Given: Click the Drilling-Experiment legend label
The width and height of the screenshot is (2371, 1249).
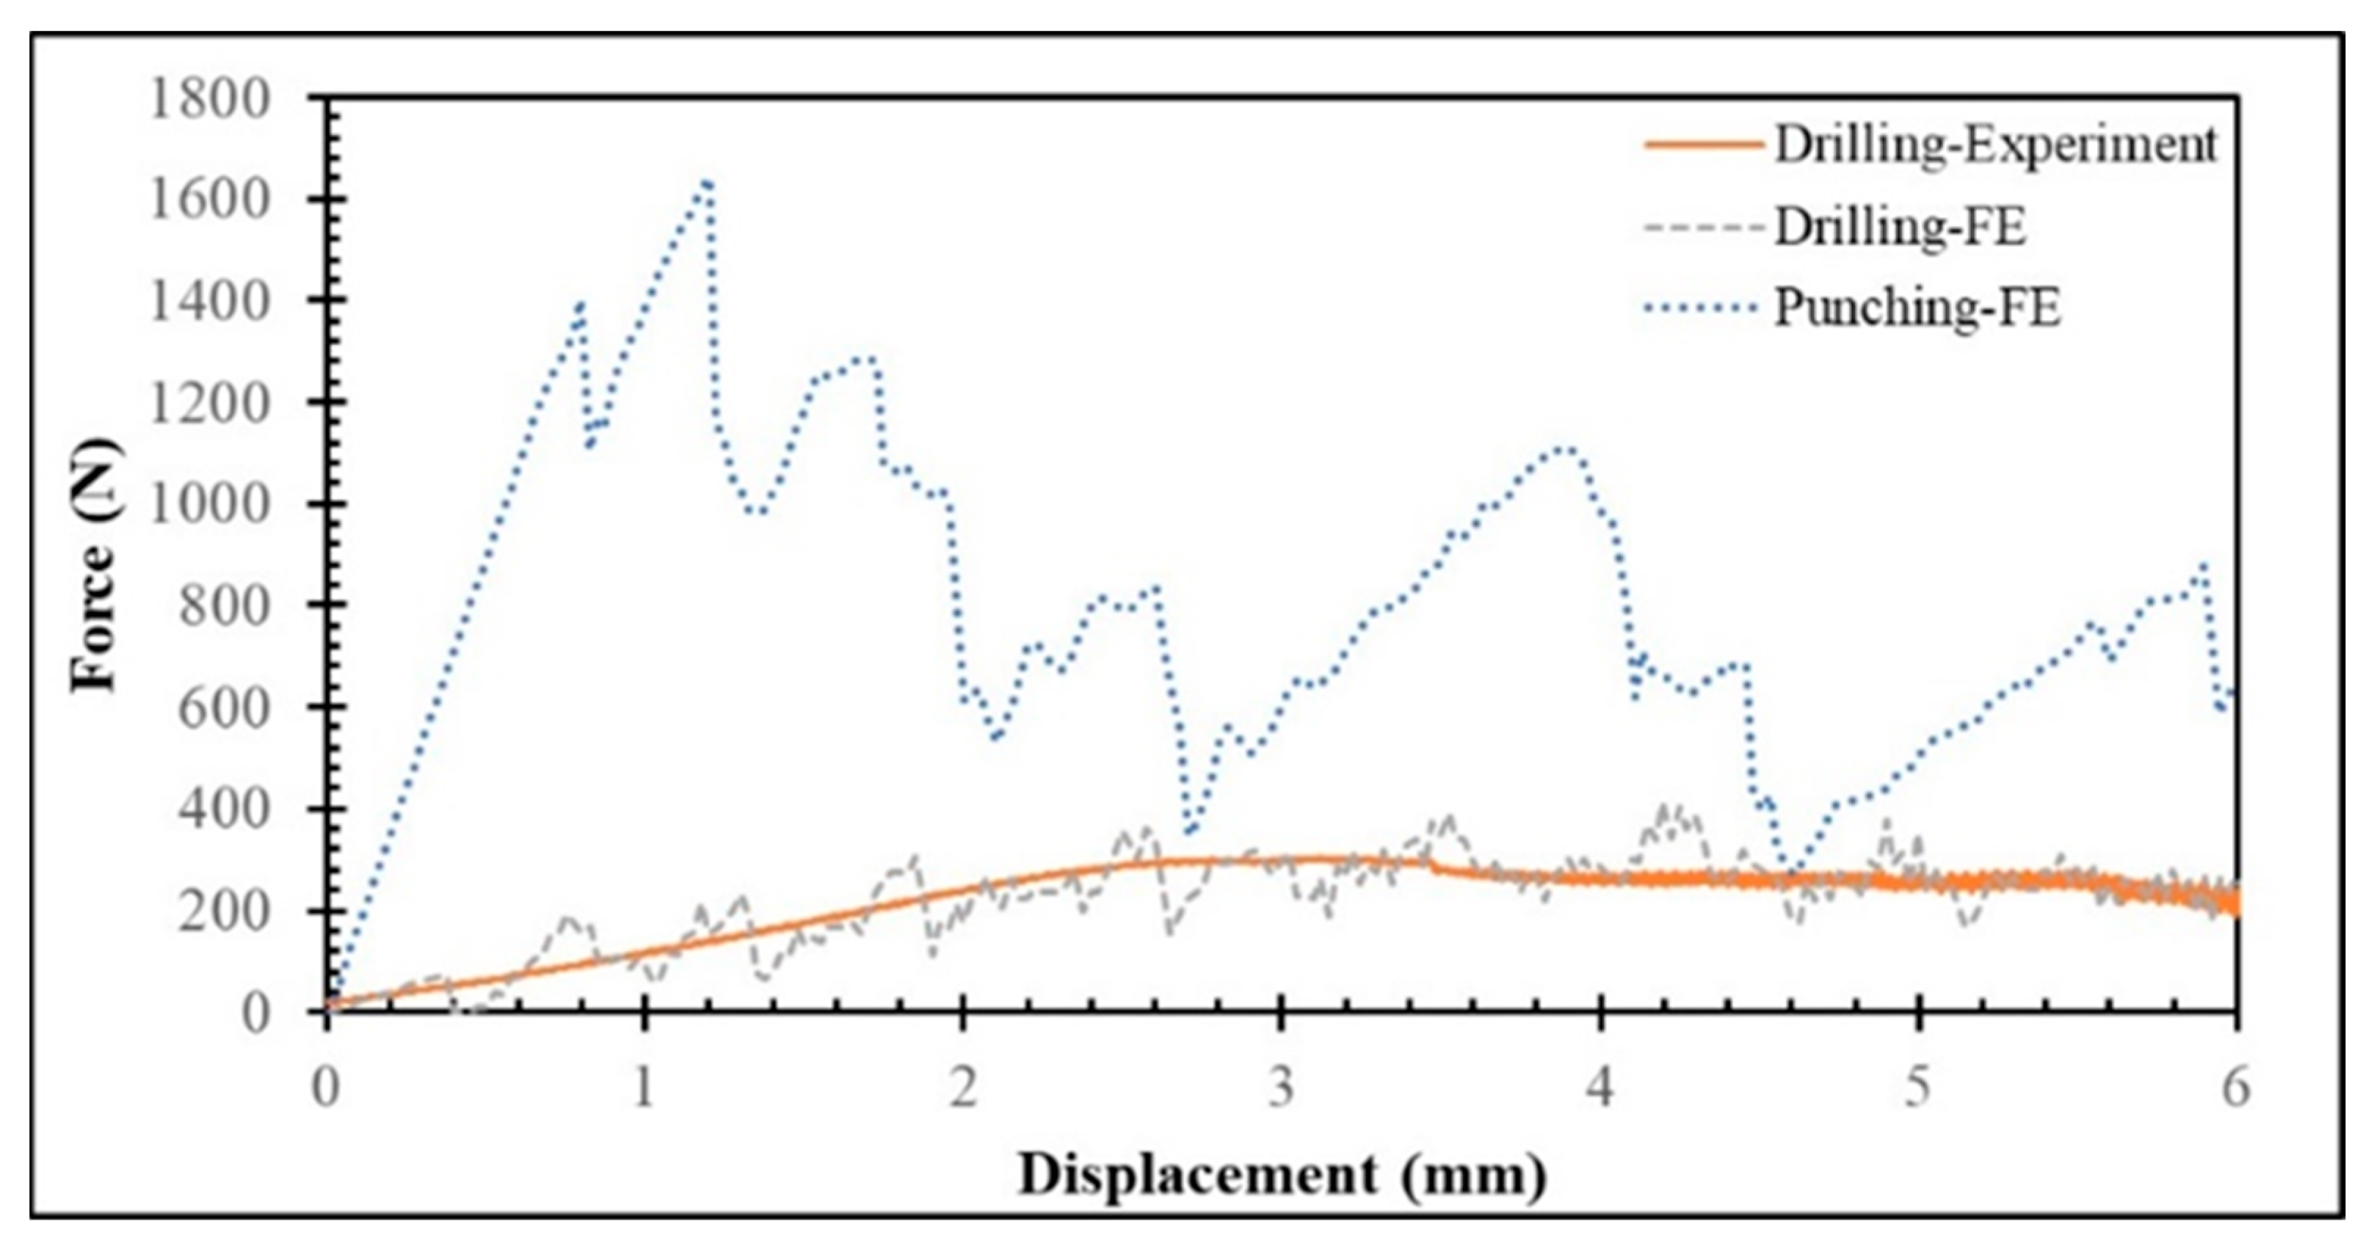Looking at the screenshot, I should click(x=1995, y=145).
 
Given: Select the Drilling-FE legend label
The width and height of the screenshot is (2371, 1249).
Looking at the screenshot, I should click(x=1900, y=227).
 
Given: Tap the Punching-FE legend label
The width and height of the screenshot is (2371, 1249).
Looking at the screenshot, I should click(x=1917, y=308).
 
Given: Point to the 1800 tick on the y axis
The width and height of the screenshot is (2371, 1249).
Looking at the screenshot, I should click(x=210, y=98).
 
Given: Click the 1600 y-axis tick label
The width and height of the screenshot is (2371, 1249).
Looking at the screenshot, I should click(x=210, y=200).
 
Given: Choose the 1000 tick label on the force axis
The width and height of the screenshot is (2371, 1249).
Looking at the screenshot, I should click(x=210, y=504).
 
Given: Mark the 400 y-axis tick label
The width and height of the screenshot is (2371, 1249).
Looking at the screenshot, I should click(x=225, y=809).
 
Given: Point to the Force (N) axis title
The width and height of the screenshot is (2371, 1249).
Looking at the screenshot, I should click(x=98, y=564).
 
